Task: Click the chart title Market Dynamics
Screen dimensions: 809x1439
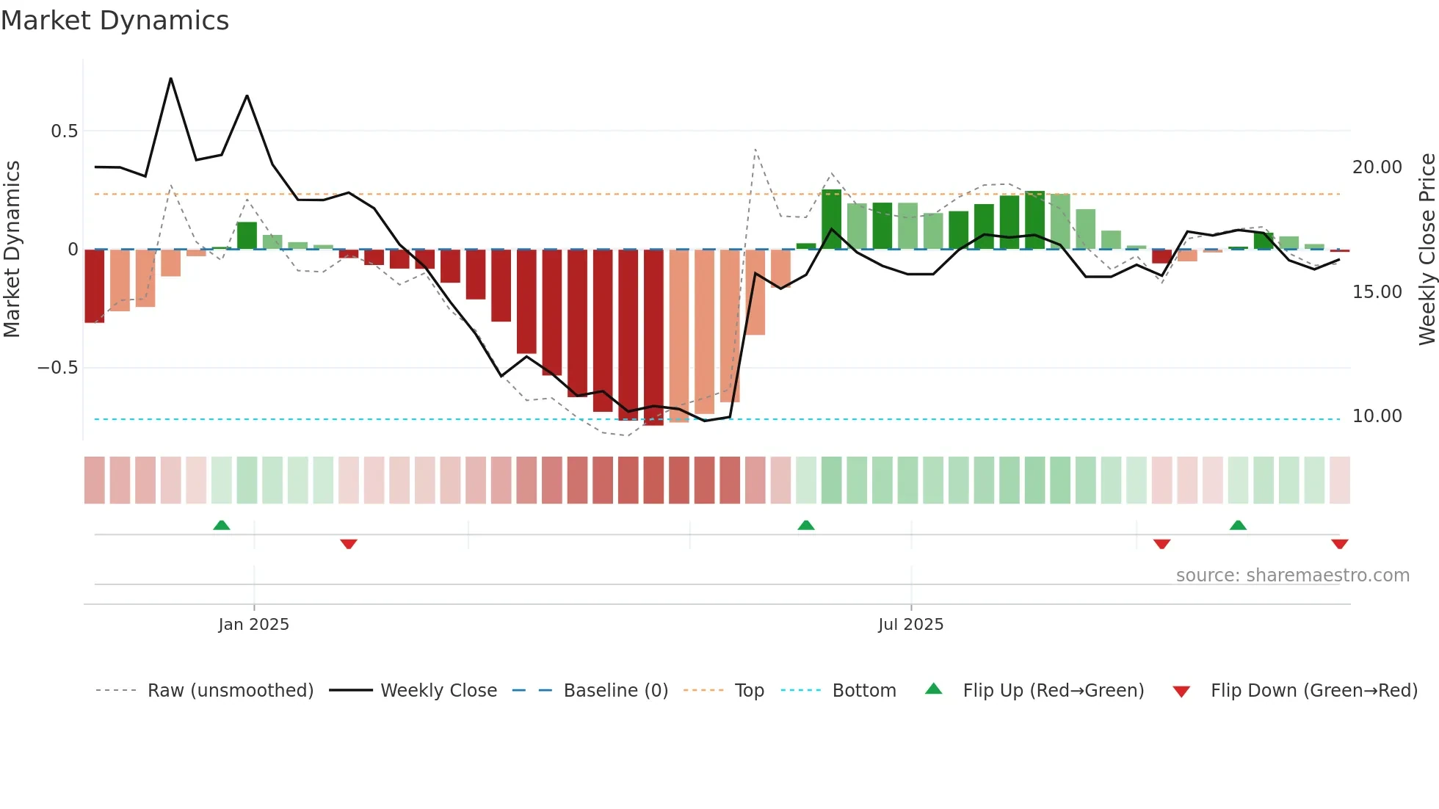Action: (115, 21)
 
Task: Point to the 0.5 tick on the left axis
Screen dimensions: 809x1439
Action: (64, 131)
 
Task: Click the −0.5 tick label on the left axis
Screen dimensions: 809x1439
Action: (58, 368)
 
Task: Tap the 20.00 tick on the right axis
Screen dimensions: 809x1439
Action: (1377, 167)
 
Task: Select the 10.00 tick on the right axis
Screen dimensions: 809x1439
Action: (1377, 416)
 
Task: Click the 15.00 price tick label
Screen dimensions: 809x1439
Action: (1377, 292)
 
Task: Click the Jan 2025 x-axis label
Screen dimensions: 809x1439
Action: (254, 625)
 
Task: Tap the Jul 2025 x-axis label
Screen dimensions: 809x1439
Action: (911, 625)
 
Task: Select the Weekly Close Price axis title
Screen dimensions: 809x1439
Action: (1427, 250)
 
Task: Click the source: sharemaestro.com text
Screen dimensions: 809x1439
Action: (1292, 576)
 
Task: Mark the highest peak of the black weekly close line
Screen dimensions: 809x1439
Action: (171, 79)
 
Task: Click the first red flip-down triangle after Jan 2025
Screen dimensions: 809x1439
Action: (349, 544)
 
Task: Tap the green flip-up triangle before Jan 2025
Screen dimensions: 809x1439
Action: (222, 525)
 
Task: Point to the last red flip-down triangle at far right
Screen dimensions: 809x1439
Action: (1340, 544)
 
